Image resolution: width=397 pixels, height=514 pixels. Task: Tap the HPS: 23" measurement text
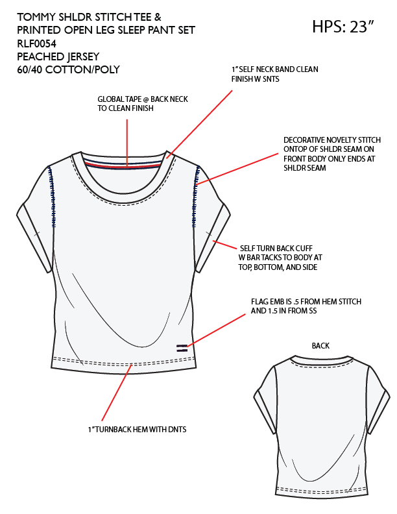click(x=344, y=27)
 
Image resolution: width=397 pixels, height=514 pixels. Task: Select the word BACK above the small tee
click(x=320, y=345)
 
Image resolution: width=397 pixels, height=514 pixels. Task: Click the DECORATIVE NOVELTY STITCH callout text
click(x=331, y=154)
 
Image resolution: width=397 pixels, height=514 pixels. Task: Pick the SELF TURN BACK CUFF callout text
click(x=281, y=257)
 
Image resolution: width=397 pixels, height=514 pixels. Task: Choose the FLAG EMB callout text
click(x=306, y=306)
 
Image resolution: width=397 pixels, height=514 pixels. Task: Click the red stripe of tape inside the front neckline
click(x=130, y=165)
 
